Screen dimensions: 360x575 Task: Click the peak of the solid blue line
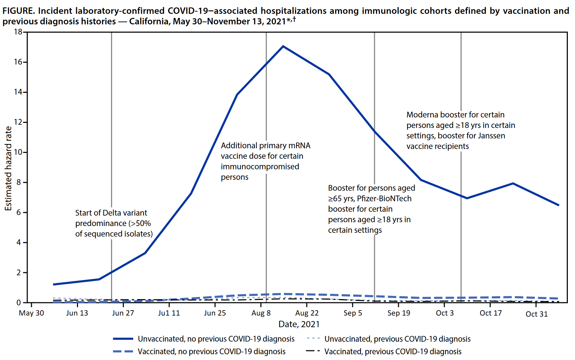[283, 46]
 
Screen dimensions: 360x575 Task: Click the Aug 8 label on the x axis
[261, 313]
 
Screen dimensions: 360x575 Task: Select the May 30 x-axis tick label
[32, 313]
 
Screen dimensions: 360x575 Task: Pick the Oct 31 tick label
[536, 314]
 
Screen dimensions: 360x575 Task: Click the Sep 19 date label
[398, 313]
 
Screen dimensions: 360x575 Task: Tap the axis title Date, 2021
[299, 324]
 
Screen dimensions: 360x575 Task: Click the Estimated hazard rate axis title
[8, 168]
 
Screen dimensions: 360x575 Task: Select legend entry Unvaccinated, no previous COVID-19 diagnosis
[216, 339]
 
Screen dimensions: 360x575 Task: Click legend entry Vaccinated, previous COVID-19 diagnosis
[393, 352]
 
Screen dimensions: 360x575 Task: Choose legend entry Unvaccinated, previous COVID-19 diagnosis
[397, 339]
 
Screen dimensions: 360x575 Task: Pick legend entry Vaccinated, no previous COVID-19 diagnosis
[212, 352]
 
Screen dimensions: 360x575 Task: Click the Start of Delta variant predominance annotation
[114, 223]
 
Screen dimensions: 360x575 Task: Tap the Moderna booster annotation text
[460, 130]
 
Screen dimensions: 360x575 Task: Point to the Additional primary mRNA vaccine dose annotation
[265, 161]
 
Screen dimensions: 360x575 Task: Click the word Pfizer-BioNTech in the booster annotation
[384, 198]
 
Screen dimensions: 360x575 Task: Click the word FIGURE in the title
[18, 11]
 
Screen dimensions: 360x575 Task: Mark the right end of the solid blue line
[559, 205]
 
